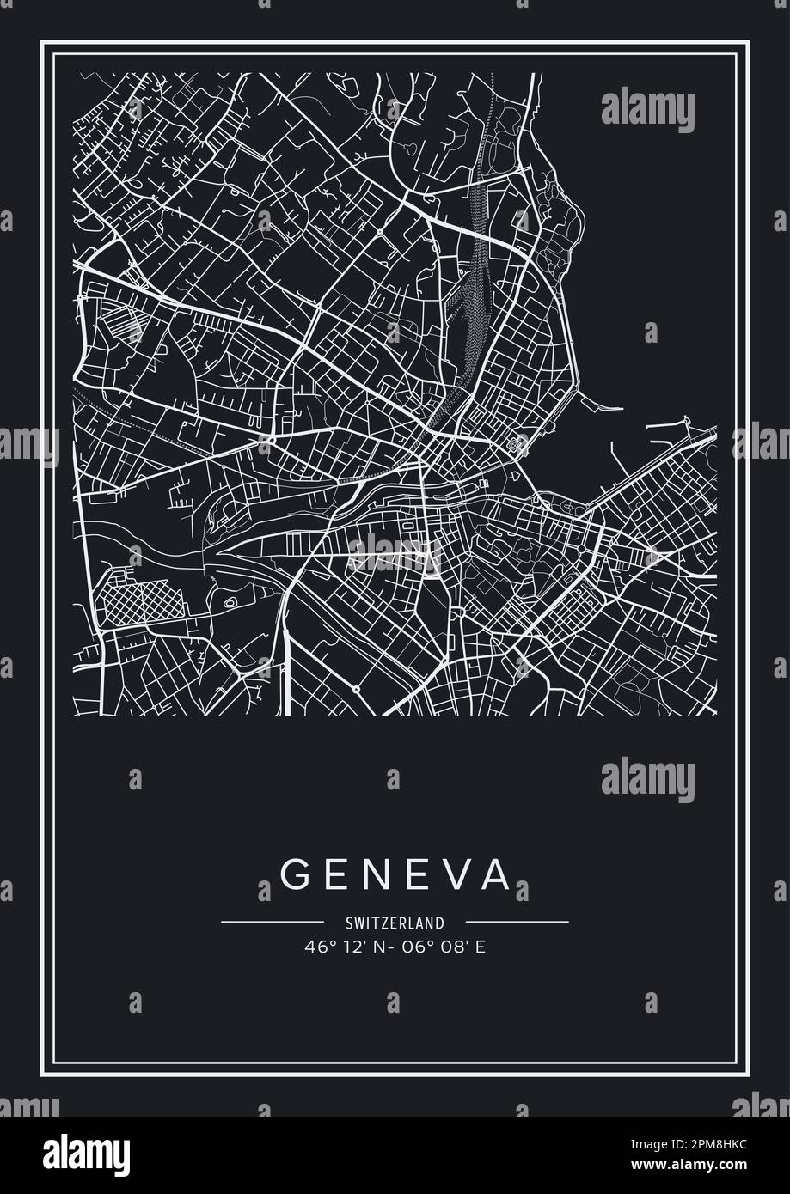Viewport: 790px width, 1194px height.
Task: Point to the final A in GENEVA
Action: (x=496, y=874)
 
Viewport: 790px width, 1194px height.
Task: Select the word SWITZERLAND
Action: (x=395, y=923)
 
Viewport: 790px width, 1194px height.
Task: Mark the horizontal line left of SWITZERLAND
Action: (x=272, y=923)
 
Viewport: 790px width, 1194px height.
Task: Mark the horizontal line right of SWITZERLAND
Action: (x=518, y=923)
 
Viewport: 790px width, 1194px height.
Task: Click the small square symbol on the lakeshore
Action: (x=517, y=445)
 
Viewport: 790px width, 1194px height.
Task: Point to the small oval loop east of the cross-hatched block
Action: (x=230, y=603)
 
